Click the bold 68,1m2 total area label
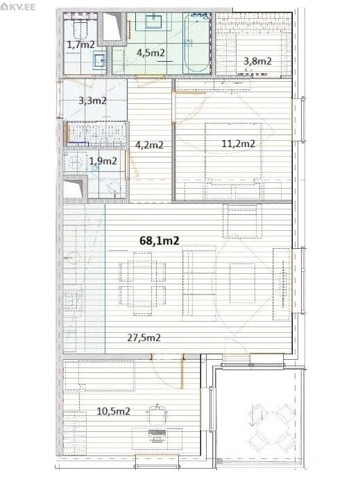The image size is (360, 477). point(160,241)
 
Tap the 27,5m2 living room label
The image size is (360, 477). point(144,338)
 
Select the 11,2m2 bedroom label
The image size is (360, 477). point(239,144)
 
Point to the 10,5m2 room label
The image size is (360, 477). point(114,411)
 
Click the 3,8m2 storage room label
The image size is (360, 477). point(257,61)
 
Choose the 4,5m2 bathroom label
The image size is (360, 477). point(151,53)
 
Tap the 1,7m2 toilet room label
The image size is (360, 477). point(80,44)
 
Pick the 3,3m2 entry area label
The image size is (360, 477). point(92,101)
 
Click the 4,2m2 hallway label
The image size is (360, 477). point(149,145)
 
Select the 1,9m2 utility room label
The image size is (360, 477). point(103,161)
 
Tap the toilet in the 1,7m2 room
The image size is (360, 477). point(80,28)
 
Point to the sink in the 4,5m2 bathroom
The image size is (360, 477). point(154,22)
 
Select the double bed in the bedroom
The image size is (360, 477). point(233,154)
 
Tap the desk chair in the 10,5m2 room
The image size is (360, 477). point(157,414)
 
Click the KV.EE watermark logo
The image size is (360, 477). point(18,6)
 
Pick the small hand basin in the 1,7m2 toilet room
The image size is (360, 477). point(99,60)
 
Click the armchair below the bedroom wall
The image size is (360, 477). point(242,220)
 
